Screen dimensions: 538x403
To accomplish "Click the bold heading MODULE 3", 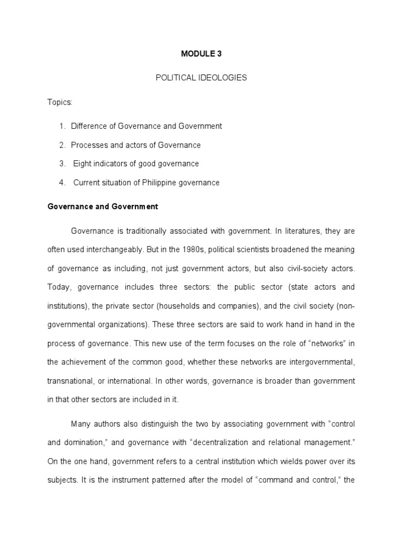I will click(x=201, y=54).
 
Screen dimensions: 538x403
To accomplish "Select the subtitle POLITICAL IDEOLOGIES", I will click(x=201, y=78).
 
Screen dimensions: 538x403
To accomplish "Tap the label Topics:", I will click(x=60, y=102).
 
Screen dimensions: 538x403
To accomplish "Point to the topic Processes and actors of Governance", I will click(x=135, y=145).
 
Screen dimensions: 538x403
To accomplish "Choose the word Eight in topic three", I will click(x=82, y=164).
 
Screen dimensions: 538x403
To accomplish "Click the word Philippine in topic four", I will click(x=157, y=183).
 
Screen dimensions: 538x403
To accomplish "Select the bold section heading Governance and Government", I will click(x=102, y=207).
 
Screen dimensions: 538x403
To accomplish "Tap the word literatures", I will click(x=294, y=231).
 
